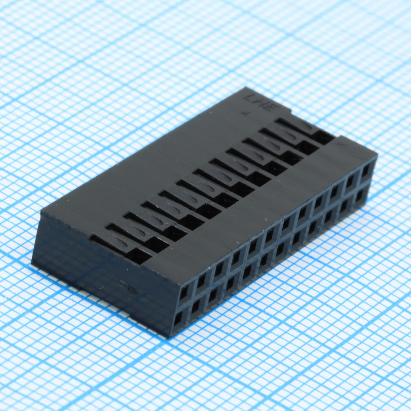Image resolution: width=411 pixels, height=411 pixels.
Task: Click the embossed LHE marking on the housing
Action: tap(262, 103)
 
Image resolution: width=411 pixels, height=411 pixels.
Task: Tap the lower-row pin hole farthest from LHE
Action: tap(178, 319)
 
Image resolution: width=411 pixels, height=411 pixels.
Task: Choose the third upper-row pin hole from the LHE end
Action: tap(334, 191)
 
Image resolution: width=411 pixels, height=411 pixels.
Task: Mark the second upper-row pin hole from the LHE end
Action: tap(350, 180)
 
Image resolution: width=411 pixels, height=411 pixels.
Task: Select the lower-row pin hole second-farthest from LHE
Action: tap(196, 306)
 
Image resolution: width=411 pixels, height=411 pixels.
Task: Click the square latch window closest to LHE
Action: tap(323, 137)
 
